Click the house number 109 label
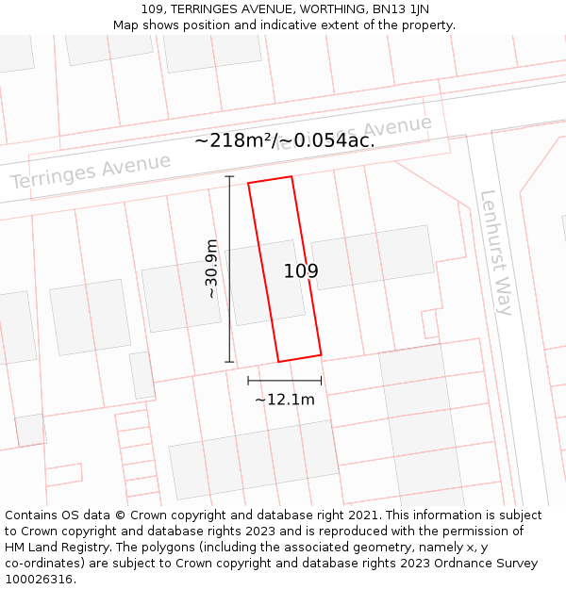coord(301,271)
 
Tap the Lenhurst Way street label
coord(495,253)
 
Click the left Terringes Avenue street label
coord(91,171)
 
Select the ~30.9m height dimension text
coord(211,270)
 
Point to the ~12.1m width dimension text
coord(284,400)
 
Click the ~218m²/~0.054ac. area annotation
coord(284,140)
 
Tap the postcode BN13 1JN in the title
coord(392,8)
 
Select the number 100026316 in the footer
coord(40,580)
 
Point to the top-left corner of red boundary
coord(248,183)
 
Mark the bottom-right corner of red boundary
coord(321,355)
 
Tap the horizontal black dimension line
coord(284,381)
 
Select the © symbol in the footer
coord(120,515)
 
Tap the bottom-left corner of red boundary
coord(278,362)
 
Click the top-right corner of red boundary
coord(291,176)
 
